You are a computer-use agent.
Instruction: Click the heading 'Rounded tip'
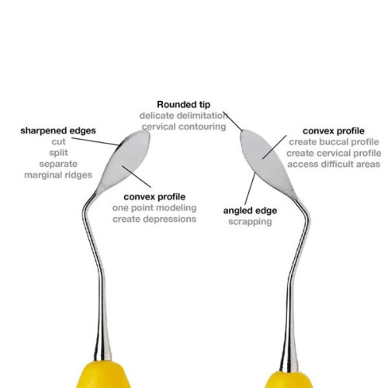coord(184,105)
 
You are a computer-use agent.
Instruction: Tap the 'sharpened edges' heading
coord(58,130)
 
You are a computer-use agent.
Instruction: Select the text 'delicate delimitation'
coord(183,116)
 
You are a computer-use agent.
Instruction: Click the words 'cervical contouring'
coord(184,126)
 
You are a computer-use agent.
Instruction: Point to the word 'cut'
coord(58,142)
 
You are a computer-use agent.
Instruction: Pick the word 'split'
coord(58,153)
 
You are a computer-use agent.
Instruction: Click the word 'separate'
coord(58,164)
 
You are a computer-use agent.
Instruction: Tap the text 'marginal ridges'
coord(58,175)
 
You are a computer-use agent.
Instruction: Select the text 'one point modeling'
coord(154,208)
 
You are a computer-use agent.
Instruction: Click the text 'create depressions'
coord(154,219)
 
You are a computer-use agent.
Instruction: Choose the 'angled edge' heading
coord(250,211)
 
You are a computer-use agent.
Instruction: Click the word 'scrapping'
coord(250,222)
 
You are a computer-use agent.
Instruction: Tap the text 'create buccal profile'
coord(334,142)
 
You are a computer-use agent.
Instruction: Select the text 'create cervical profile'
coord(334,153)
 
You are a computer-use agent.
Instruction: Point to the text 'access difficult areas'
coord(334,165)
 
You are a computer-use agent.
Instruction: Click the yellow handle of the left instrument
coord(103,375)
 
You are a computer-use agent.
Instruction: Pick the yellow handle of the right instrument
coord(289,379)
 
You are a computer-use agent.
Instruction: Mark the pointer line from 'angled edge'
coord(250,189)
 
